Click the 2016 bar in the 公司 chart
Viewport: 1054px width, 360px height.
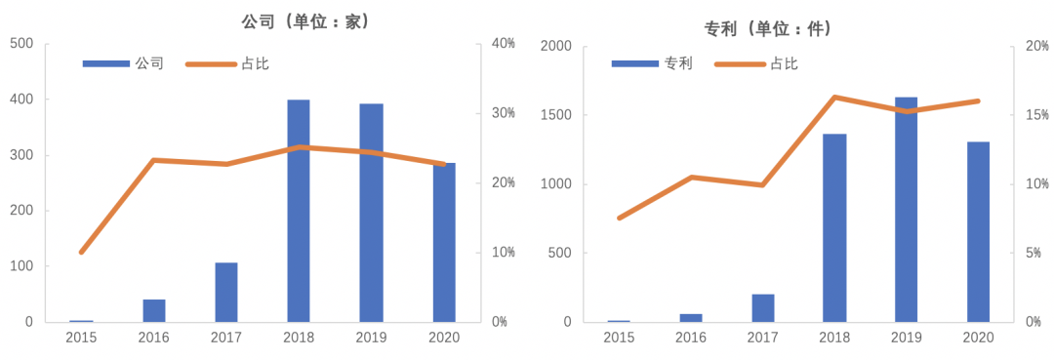[154, 310]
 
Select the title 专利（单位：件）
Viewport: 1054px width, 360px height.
[768, 28]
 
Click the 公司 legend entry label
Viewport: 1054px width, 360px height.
[149, 63]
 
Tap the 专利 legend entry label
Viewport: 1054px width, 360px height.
[678, 63]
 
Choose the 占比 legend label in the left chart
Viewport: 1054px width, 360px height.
[255, 63]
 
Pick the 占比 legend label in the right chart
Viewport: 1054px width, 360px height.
[784, 63]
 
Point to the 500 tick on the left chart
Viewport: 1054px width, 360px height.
[21, 44]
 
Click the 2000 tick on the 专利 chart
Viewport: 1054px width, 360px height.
[555, 46]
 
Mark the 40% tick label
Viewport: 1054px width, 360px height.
[504, 44]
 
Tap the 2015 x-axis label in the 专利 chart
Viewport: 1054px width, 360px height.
[619, 337]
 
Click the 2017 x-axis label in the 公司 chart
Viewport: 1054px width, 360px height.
[226, 337]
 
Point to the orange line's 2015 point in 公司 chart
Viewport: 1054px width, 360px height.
[82, 252]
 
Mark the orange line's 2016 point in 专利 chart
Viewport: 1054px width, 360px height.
[691, 177]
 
